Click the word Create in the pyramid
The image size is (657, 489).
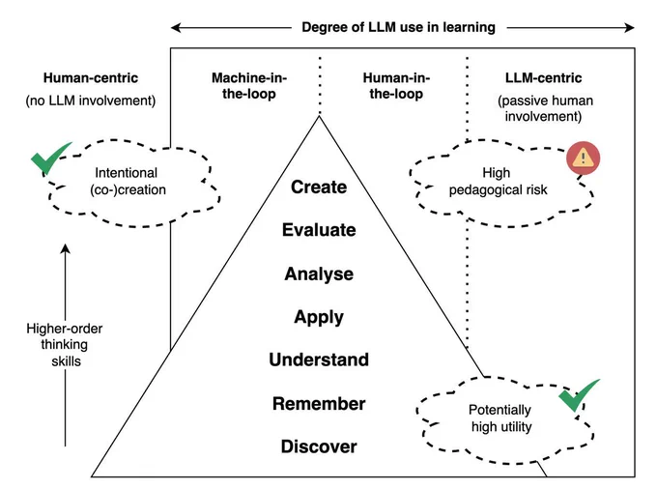(319, 187)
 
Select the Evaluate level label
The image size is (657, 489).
(319, 230)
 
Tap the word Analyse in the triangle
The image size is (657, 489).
(319, 274)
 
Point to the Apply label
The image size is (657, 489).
(319, 318)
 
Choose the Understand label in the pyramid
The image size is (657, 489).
(319, 360)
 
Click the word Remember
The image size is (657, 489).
(319, 404)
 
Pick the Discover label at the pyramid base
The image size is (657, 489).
(319, 446)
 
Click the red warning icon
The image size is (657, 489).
(584, 158)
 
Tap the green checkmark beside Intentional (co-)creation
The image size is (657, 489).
(50, 158)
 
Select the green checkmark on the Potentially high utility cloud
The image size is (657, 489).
(578, 394)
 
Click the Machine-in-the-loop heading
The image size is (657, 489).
(249, 85)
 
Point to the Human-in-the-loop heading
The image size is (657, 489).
(396, 85)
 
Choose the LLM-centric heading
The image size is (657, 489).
(543, 78)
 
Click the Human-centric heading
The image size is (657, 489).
(91, 78)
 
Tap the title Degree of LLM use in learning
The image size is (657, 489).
(398, 28)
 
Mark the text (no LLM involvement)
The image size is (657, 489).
(91, 101)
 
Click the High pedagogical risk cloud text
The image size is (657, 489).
(498, 182)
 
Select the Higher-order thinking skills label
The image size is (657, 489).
(65, 344)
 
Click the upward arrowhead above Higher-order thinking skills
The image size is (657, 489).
(65, 248)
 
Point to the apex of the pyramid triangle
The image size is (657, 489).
(319, 116)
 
